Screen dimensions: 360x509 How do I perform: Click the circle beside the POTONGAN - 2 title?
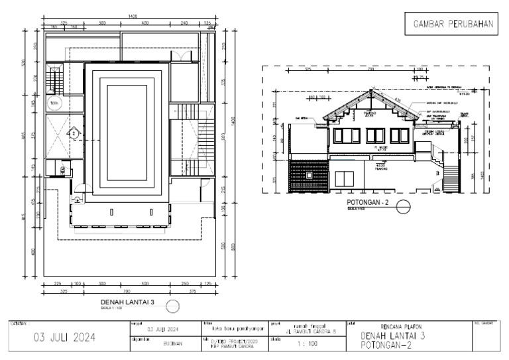[x=403, y=208]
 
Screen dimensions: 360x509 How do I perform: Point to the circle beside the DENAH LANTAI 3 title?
[x=172, y=306]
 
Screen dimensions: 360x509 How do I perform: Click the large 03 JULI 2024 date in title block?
[x=64, y=337]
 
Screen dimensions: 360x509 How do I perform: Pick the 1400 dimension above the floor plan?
[x=133, y=16]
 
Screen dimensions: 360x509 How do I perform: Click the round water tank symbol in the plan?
[x=54, y=103]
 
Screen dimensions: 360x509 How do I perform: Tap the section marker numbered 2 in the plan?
[x=75, y=133]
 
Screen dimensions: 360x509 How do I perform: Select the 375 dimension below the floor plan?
[x=192, y=290]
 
